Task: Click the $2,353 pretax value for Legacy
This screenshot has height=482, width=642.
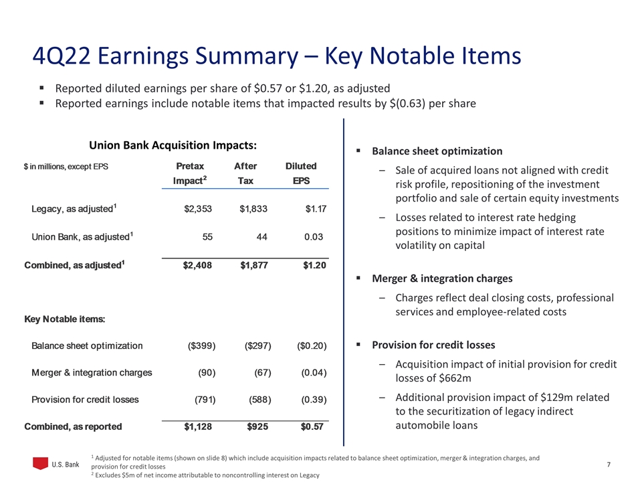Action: click(197, 209)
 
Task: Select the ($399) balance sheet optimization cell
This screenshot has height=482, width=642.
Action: click(201, 346)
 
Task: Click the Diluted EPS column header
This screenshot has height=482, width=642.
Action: click(301, 173)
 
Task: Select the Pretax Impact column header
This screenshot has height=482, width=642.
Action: click(190, 173)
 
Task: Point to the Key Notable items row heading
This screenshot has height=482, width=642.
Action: click(64, 319)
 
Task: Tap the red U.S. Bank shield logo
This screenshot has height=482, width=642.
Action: click(41, 463)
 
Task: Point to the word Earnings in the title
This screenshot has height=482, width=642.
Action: click(149, 56)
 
